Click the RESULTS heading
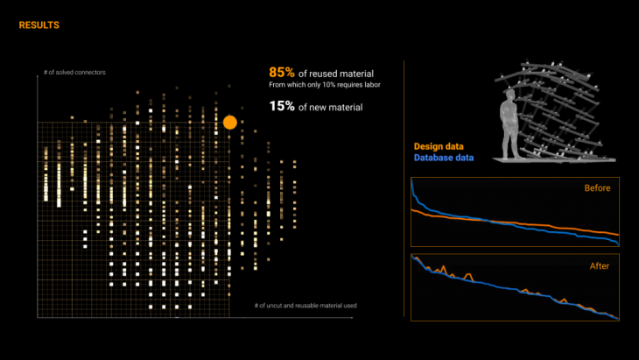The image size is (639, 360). (x=39, y=25)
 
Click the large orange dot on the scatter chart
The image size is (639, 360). (x=230, y=123)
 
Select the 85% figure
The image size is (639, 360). (x=281, y=73)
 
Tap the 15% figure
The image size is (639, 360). (x=281, y=106)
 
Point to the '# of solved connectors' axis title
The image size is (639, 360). (x=74, y=72)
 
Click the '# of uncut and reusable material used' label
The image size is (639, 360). (x=305, y=306)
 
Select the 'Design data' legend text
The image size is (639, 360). (x=439, y=146)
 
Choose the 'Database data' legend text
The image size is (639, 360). (x=445, y=158)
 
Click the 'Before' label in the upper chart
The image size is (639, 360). (x=597, y=187)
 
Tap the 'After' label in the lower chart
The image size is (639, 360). (x=600, y=264)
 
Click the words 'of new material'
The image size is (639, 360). (x=330, y=107)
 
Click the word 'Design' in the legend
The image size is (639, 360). (x=427, y=146)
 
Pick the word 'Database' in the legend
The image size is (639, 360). (x=433, y=158)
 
